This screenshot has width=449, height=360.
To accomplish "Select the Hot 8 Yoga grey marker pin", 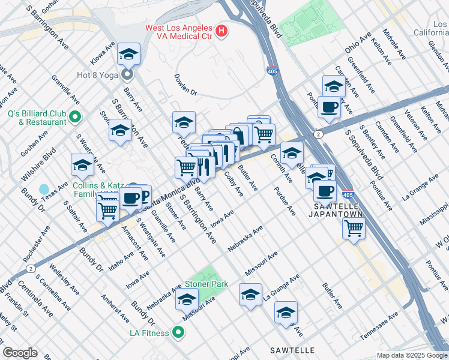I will coord(127,74).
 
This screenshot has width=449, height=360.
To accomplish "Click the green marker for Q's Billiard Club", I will coord(75,116).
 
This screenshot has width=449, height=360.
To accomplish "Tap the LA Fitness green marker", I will coord(178,331).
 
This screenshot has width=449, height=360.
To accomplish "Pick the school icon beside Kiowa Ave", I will coord(128,55).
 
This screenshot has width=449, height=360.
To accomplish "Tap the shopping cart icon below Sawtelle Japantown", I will coord(354,229).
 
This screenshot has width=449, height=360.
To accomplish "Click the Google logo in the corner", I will coord(20,352).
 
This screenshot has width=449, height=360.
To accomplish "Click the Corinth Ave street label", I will coord(282,170).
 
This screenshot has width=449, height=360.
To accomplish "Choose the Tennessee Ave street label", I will coord(379,326).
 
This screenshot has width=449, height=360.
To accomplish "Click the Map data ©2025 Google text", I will coord(412,355).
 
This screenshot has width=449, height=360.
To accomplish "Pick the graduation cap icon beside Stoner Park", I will coord(187,299).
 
